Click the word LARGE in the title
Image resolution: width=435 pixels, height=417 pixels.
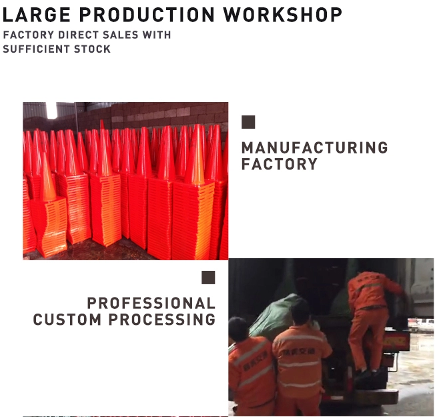point(36,15)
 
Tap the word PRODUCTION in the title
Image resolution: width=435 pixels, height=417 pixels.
point(147,15)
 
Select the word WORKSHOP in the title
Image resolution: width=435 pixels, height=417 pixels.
point(283,15)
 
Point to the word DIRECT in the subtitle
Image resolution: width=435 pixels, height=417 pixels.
point(78,35)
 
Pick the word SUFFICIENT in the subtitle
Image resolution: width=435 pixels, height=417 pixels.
point(36,49)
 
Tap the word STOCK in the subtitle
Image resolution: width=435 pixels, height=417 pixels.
point(92,49)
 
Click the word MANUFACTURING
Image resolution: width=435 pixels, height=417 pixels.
point(315,147)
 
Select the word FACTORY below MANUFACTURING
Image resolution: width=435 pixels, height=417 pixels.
point(279,164)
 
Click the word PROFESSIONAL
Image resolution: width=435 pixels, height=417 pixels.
point(151,303)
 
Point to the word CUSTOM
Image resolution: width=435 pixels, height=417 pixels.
point(67,320)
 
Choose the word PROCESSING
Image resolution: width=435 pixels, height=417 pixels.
point(161,320)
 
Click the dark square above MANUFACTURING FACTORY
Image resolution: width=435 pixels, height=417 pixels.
point(248,122)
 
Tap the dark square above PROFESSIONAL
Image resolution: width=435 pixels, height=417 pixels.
point(208,278)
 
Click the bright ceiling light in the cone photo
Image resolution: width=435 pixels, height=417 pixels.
point(51,110)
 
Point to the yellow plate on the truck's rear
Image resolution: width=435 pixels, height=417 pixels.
point(396,341)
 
